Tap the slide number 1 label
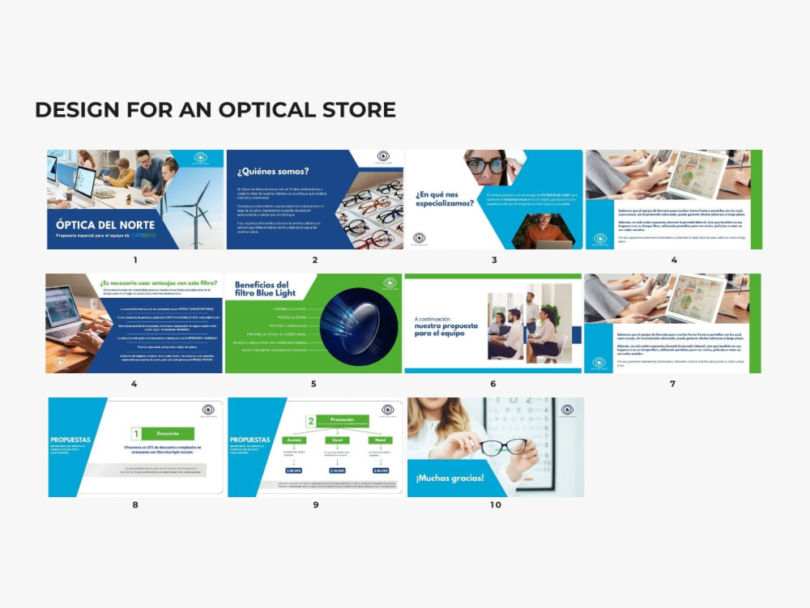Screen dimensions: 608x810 135,260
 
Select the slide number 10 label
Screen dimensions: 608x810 495,505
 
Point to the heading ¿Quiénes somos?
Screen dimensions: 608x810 273,172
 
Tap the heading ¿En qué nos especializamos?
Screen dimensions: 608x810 443,199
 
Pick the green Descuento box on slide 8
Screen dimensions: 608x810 168,433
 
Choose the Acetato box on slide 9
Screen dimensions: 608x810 292,440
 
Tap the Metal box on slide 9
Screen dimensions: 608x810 379,440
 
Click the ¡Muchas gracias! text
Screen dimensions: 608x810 450,478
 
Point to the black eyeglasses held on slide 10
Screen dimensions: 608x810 502,446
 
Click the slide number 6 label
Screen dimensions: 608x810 492,384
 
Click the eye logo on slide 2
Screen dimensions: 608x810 383,157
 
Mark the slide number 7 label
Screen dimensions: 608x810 672,384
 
